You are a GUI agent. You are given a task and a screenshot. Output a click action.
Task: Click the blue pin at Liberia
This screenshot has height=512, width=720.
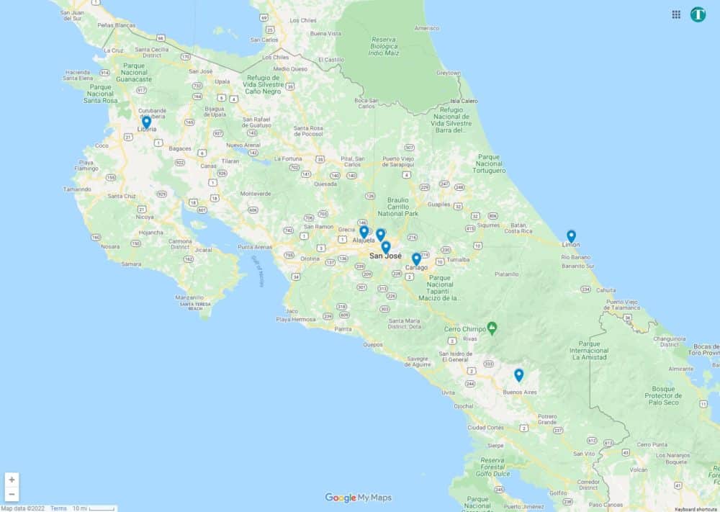click(x=146, y=122)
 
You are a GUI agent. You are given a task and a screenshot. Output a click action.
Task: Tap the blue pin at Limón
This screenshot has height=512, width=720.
click(x=571, y=235)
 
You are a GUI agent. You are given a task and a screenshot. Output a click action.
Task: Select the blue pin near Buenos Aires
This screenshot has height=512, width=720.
click(x=518, y=374)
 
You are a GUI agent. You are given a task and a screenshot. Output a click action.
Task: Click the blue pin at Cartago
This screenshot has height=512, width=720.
click(x=416, y=259)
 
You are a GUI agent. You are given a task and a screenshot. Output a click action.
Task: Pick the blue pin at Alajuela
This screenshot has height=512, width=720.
click(x=364, y=231)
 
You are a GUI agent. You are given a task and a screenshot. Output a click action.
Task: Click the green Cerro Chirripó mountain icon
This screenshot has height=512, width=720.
click(x=492, y=328)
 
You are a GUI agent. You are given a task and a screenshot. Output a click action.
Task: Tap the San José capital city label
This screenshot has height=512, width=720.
click(x=385, y=256)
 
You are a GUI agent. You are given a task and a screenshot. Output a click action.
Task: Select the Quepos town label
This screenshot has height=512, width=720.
click(x=373, y=344)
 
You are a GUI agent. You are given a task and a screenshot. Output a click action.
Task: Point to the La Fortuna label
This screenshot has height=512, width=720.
click(x=288, y=158)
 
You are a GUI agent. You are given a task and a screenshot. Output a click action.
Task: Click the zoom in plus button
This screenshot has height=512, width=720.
click(x=12, y=480)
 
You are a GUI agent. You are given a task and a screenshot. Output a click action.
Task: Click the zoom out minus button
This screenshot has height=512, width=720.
click(x=12, y=494)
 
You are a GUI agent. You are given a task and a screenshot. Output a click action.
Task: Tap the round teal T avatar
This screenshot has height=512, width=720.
click(x=698, y=14)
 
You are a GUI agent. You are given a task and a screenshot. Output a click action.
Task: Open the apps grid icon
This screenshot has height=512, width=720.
click(x=676, y=14)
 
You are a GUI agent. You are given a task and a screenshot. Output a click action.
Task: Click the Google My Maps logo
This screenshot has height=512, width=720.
click(x=358, y=498)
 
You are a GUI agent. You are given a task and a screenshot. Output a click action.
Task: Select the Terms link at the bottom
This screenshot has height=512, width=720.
click(x=58, y=508)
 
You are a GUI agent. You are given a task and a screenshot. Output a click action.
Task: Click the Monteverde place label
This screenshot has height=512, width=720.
click(x=256, y=193)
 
